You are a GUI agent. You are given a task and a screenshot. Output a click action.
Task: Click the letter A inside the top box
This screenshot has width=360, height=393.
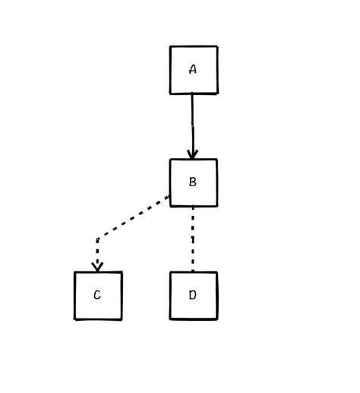point(193,69)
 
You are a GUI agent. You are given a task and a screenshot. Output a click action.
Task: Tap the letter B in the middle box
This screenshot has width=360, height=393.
point(193,182)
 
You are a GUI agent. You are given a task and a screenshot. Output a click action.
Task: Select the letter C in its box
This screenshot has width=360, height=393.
point(97,295)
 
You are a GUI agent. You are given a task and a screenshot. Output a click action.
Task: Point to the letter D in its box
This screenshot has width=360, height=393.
point(192,295)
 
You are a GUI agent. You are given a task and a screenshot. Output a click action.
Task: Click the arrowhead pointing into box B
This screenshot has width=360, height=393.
point(193,154)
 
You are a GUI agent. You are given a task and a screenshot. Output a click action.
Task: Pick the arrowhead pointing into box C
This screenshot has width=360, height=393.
point(97,268)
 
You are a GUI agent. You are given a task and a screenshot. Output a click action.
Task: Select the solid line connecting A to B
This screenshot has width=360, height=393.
point(192,126)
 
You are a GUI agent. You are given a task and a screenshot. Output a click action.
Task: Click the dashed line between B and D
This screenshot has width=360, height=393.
point(193,239)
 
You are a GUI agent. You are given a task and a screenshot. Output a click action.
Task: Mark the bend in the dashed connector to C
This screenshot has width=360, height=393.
point(98,239)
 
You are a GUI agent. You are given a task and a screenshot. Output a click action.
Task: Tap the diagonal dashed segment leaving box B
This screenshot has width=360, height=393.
point(134,217)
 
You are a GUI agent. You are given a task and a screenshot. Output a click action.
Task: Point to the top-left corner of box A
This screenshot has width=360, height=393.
point(170,46)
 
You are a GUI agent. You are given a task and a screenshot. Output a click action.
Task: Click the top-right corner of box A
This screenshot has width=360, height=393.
point(217,46)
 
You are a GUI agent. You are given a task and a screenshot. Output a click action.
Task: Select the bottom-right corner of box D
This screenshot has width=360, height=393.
point(217,319)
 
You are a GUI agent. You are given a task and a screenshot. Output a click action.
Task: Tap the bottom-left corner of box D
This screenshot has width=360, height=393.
point(170,319)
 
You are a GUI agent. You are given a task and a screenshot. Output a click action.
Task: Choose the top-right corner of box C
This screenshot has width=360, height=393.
point(122,272)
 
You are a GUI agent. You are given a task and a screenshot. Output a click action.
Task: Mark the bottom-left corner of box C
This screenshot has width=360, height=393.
point(75,319)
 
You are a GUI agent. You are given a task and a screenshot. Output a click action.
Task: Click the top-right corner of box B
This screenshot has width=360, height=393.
point(217,160)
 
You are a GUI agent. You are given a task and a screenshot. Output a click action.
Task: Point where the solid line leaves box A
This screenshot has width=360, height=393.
point(192,93)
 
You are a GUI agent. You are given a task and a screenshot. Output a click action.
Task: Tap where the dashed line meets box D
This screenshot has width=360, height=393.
point(193,272)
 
